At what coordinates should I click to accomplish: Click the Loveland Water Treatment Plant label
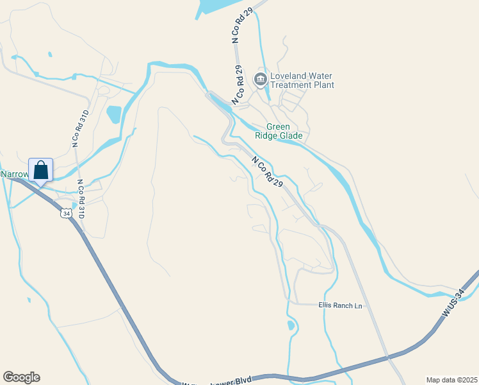[x=302, y=80]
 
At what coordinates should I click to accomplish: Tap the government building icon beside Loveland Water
[x=261, y=80]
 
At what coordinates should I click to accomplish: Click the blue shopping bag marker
[x=41, y=171]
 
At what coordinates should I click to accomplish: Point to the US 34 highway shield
[x=65, y=212]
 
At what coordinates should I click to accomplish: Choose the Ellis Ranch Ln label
[x=340, y=306]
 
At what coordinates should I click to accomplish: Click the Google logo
[x=21, y=377]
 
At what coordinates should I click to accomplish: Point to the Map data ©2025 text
[x=451, y=380]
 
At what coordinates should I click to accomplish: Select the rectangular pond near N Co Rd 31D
[x=114, y=114]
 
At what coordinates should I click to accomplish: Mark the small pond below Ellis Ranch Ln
[x=291, y=325]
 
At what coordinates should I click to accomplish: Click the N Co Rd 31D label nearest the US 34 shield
[x=81, y=198]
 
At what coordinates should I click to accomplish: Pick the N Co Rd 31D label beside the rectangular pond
[x=79, y=128]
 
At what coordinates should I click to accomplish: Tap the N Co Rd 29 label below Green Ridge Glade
[x=267, y=172]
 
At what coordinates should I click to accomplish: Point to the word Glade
[x=297, y=136]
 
